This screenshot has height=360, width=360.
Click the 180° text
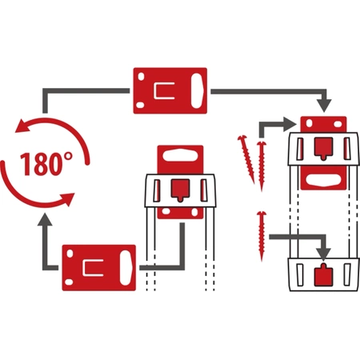click(43, 164)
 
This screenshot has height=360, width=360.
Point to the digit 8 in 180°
click(39, 165)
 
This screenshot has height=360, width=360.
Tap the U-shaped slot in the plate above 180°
click(165, 89)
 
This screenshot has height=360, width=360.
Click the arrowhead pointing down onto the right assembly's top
click(324, 107)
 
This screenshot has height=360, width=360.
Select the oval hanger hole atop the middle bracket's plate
click(180, 154)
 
